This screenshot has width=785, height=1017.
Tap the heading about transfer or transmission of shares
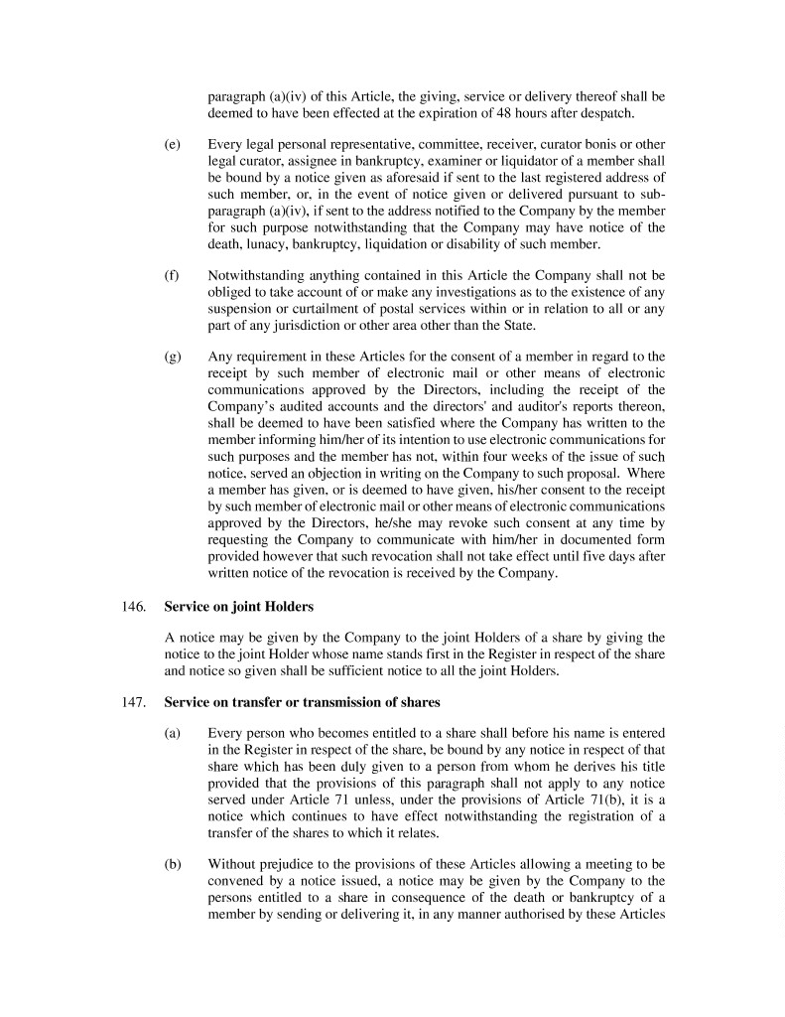pyautogui.click(x=302, y=703)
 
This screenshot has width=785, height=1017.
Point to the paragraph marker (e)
pyautogui.click(x=172, y=145)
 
